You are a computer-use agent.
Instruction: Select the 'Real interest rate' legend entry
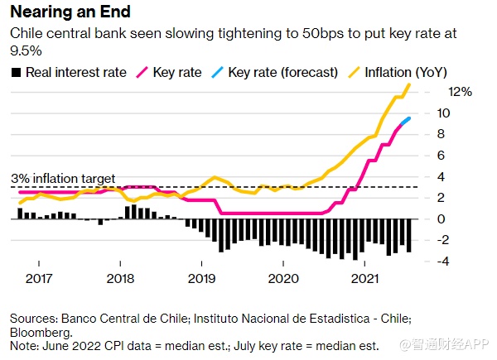75,72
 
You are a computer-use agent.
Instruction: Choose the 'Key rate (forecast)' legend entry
279,72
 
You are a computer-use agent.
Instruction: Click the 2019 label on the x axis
202,279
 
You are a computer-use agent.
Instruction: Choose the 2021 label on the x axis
365,279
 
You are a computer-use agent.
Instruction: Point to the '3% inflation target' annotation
63,178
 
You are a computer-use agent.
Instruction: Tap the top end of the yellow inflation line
408,85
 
